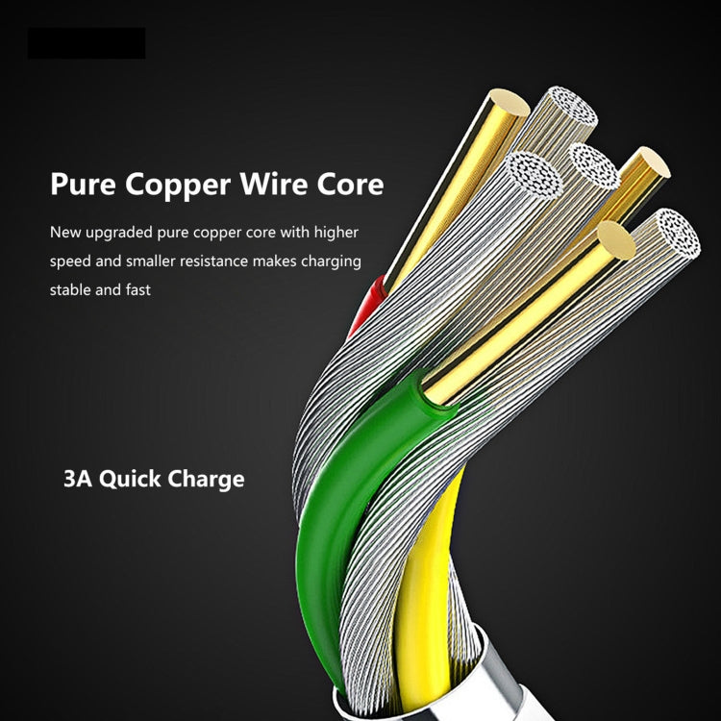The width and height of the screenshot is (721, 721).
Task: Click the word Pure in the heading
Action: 81,184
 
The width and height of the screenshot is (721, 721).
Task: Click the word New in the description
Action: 65,233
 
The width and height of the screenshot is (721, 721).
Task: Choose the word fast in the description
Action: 136,289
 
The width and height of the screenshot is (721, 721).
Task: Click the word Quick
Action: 129,479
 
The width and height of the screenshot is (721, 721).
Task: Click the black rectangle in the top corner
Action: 87,43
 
